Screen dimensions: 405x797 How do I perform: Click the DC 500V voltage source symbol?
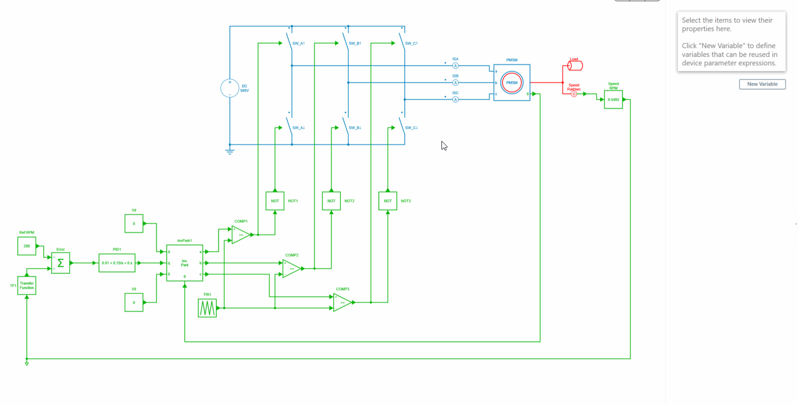[229, 88]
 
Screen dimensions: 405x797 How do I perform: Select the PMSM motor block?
[512, 82]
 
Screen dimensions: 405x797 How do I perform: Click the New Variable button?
[762, 84]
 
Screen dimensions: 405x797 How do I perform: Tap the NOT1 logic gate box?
[275, 201]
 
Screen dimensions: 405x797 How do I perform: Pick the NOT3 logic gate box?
[388, 201]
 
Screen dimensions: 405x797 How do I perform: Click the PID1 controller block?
[117, 263]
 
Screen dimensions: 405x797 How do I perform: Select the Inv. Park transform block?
[185, 263]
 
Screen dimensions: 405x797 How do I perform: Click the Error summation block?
[61, 263]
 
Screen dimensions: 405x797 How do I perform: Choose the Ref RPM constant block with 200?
[26, 246]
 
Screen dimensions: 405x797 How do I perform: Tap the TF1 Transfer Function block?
[27, 285]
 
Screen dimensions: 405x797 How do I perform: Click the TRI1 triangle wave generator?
[207, 308]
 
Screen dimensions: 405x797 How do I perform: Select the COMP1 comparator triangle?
[241, 235]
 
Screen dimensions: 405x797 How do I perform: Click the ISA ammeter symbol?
[456, 66]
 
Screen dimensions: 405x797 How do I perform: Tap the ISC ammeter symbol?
[456, 100]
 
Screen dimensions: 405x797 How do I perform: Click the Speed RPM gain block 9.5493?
[613, 100]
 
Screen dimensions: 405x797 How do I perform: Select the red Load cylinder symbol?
[575, 66]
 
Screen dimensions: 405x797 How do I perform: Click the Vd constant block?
[134, 223]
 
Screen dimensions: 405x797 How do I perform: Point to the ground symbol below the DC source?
[230, 151]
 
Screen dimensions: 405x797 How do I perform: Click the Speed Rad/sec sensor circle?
[574, 94]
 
